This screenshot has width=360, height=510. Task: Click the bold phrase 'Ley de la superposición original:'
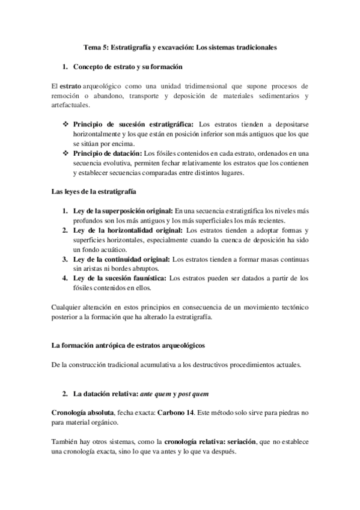click(x=123, y=211)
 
